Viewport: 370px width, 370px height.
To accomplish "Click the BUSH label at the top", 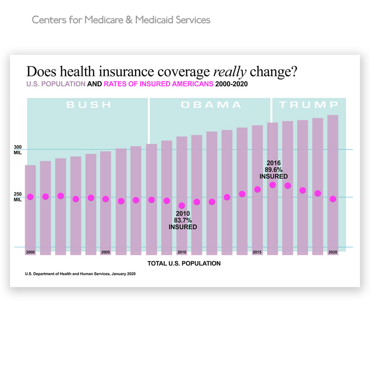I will [x=89, y=105].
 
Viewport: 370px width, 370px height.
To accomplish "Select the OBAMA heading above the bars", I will [x=211, y=105].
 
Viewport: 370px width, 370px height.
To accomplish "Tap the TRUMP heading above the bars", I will [x=309, y=105].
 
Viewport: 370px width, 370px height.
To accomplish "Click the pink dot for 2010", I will [x=182, y=206].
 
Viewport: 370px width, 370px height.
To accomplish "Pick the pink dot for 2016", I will [x=273, y=185].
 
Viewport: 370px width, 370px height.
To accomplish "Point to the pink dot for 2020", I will [x=333, y=199].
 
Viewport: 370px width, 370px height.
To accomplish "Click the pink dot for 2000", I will [x=30, y=197].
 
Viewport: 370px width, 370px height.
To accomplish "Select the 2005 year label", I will [x=105, y=252].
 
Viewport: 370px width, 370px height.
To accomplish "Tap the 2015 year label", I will [x=257, y=252].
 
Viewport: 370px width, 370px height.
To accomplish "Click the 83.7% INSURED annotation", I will [x=183, y=220].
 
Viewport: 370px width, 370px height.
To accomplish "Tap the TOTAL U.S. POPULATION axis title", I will [x=184, y=263].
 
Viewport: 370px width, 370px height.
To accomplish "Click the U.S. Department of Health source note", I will [x=80, y=274].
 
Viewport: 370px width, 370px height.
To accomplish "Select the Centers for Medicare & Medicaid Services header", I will [x=121, y=20].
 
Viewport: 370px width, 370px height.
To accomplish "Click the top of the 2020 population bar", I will [x=333, y=115].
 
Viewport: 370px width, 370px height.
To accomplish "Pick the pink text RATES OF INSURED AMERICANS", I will [x=159, y=84].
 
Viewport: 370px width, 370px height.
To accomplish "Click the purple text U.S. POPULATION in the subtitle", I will [x=55, y=84].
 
